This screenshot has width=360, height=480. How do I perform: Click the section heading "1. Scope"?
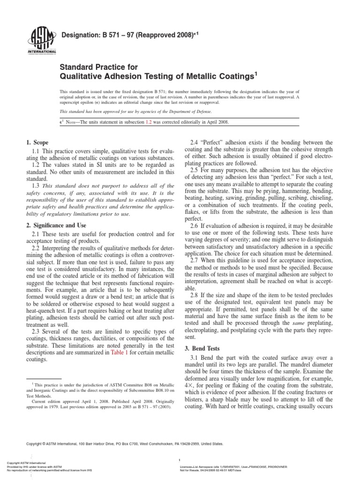[37, 142]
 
